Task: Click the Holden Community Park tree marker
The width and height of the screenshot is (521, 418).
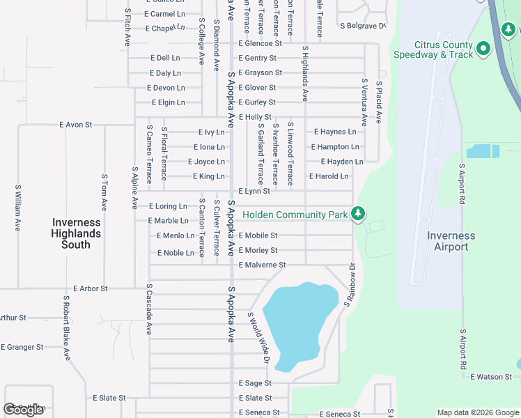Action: pos(358,213)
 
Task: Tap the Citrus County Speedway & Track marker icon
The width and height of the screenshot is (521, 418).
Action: pos(481,49)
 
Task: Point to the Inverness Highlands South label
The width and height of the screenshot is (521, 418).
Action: pos(76,233)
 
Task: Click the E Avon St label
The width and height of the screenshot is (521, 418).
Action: pos(76,125)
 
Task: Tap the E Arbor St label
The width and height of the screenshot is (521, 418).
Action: pos(91,288)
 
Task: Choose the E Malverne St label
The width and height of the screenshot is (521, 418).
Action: pos(263,265)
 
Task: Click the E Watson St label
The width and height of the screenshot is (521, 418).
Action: pos(491,377)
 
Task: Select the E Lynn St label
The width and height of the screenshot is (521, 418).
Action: pos(254,191)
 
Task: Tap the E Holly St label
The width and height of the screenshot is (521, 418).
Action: pos(255,117)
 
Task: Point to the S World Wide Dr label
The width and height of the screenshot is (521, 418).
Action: pos(258,338)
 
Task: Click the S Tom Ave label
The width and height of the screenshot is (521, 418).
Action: pos(104,193)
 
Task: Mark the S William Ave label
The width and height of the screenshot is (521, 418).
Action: pos(18,208)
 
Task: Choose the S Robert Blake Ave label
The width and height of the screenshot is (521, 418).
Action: pos(66,327)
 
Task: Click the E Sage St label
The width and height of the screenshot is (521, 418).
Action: pos(255,383)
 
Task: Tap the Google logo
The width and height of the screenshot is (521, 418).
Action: pos(24,410)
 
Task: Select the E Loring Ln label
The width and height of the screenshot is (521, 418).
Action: pos(168,206)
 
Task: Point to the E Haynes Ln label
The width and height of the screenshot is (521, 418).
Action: pos(335,132)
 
